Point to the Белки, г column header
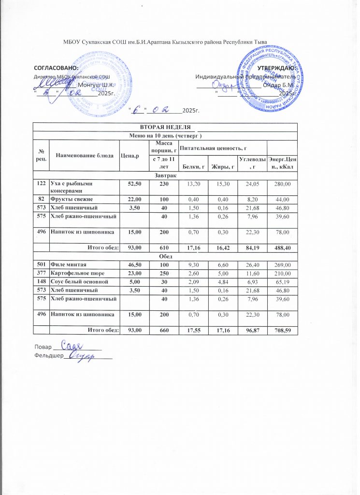pos(194,167)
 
